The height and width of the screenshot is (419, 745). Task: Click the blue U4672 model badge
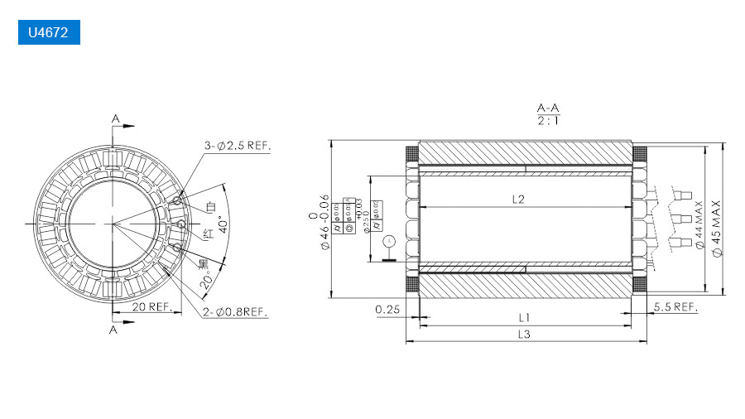49,34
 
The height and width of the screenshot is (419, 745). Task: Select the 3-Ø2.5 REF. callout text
238,146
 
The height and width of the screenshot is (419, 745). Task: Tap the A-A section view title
547,108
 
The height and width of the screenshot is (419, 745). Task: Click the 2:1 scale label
547,121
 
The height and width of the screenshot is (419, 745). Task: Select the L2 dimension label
519,199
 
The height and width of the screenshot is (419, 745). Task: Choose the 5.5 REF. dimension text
675,306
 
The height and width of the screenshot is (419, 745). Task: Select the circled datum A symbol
390,241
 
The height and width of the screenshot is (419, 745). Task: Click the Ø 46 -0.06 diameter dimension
324,224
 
